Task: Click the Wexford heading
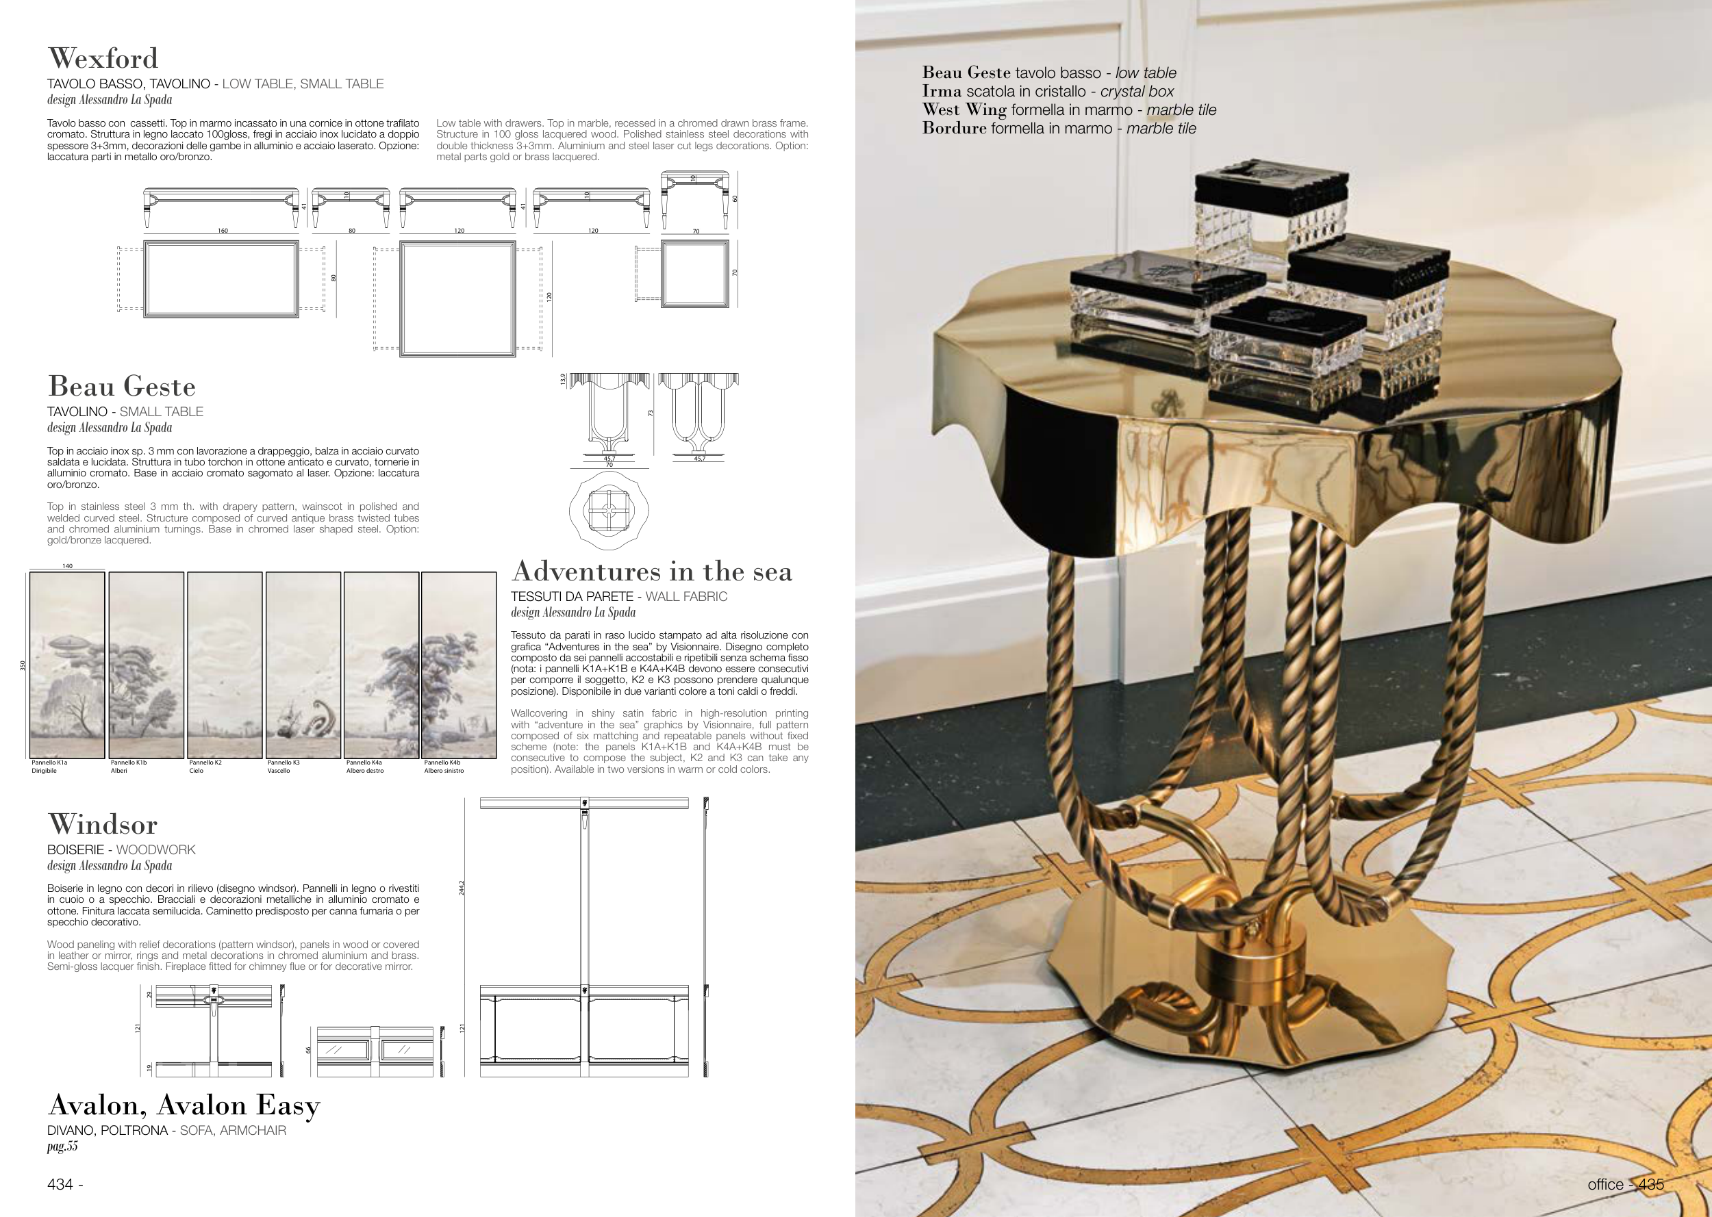point(103,58)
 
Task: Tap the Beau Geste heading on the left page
point(121,386)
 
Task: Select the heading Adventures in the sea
point(651,571)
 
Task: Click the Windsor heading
point(103,824)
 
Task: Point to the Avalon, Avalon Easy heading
point(184,1105)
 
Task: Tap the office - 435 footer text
point(1625,1184)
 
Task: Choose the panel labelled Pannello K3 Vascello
point(303,665)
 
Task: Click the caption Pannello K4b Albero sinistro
point(444,767)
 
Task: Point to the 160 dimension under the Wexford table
point(223,231)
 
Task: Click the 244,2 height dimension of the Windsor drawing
point(462,888)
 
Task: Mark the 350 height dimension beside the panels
point(23,665)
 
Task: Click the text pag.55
point(62,1146)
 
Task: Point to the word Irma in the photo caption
point(942,92)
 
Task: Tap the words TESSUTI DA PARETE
point(572,596)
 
